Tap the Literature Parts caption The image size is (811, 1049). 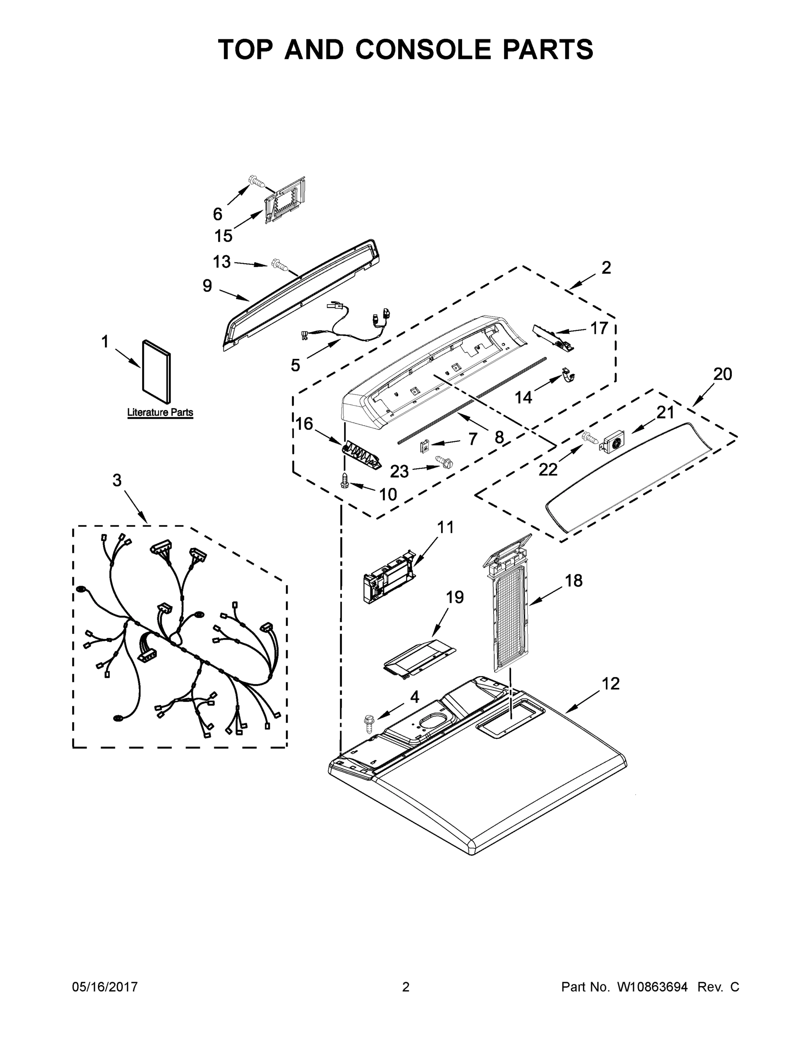[160, 412]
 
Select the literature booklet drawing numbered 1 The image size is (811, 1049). [157, 372]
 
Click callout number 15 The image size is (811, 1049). [223, 236]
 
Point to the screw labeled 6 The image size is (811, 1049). [258, 182]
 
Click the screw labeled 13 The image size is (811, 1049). [280, 264]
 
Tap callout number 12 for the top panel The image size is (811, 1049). [611, 683]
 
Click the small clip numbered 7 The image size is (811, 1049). [424, 447]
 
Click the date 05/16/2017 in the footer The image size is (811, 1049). [105, 986]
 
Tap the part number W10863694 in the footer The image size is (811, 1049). [652, 986]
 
